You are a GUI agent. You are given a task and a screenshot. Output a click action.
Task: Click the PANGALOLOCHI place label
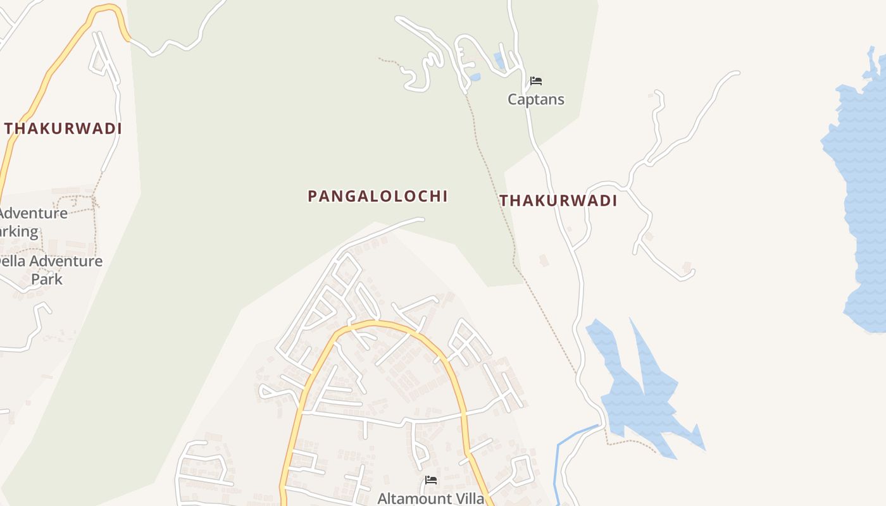pos(378,196)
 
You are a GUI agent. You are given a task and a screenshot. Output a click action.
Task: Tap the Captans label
pos(536,99)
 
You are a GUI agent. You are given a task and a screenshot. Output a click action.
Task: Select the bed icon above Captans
pos(536,81)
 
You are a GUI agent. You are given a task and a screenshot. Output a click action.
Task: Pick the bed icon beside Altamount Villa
pos(431,480)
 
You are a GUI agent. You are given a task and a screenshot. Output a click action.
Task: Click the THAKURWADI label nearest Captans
pos(558,201)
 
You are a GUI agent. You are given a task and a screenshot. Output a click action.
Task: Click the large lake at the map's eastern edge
pos(864,190)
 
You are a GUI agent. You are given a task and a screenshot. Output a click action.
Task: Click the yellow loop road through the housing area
pos(380,323)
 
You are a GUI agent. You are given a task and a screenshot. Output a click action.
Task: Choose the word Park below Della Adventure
pos(47,279)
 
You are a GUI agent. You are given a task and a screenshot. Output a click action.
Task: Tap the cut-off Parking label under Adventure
pos(18,231)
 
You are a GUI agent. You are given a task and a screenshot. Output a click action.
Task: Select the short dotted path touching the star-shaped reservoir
pos(633,441)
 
